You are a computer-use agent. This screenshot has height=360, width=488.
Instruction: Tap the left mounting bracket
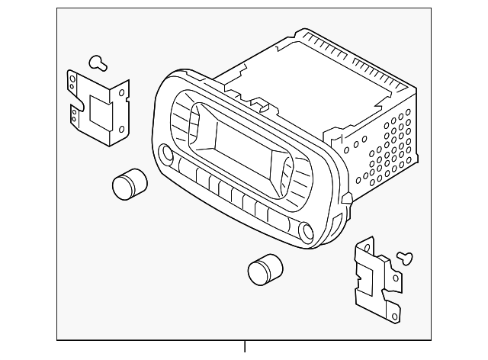[95, 107]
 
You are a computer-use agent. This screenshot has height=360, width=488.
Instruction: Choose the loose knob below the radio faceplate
[263, 269]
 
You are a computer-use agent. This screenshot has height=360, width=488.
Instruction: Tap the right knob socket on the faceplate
[307, 231]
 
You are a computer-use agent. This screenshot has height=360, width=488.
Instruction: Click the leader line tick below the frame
[246, 347]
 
